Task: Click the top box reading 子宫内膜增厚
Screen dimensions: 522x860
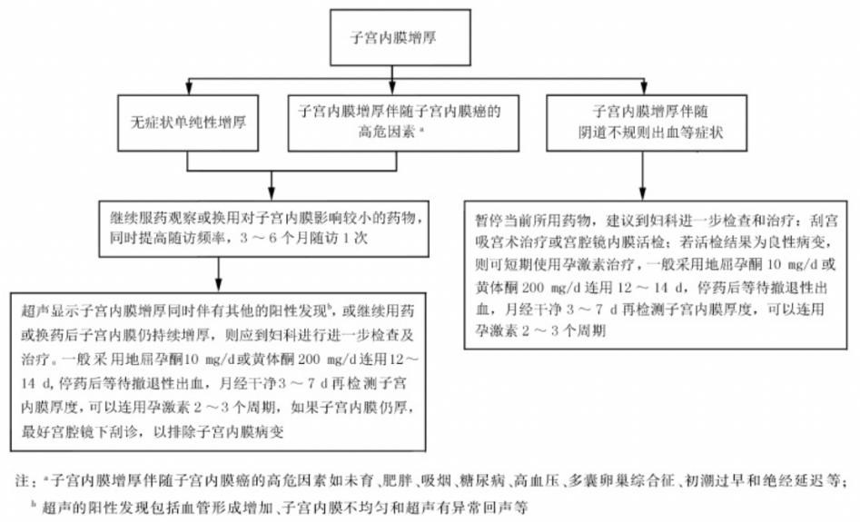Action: coord(399,38)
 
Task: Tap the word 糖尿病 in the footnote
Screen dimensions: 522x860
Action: coord(479,480)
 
